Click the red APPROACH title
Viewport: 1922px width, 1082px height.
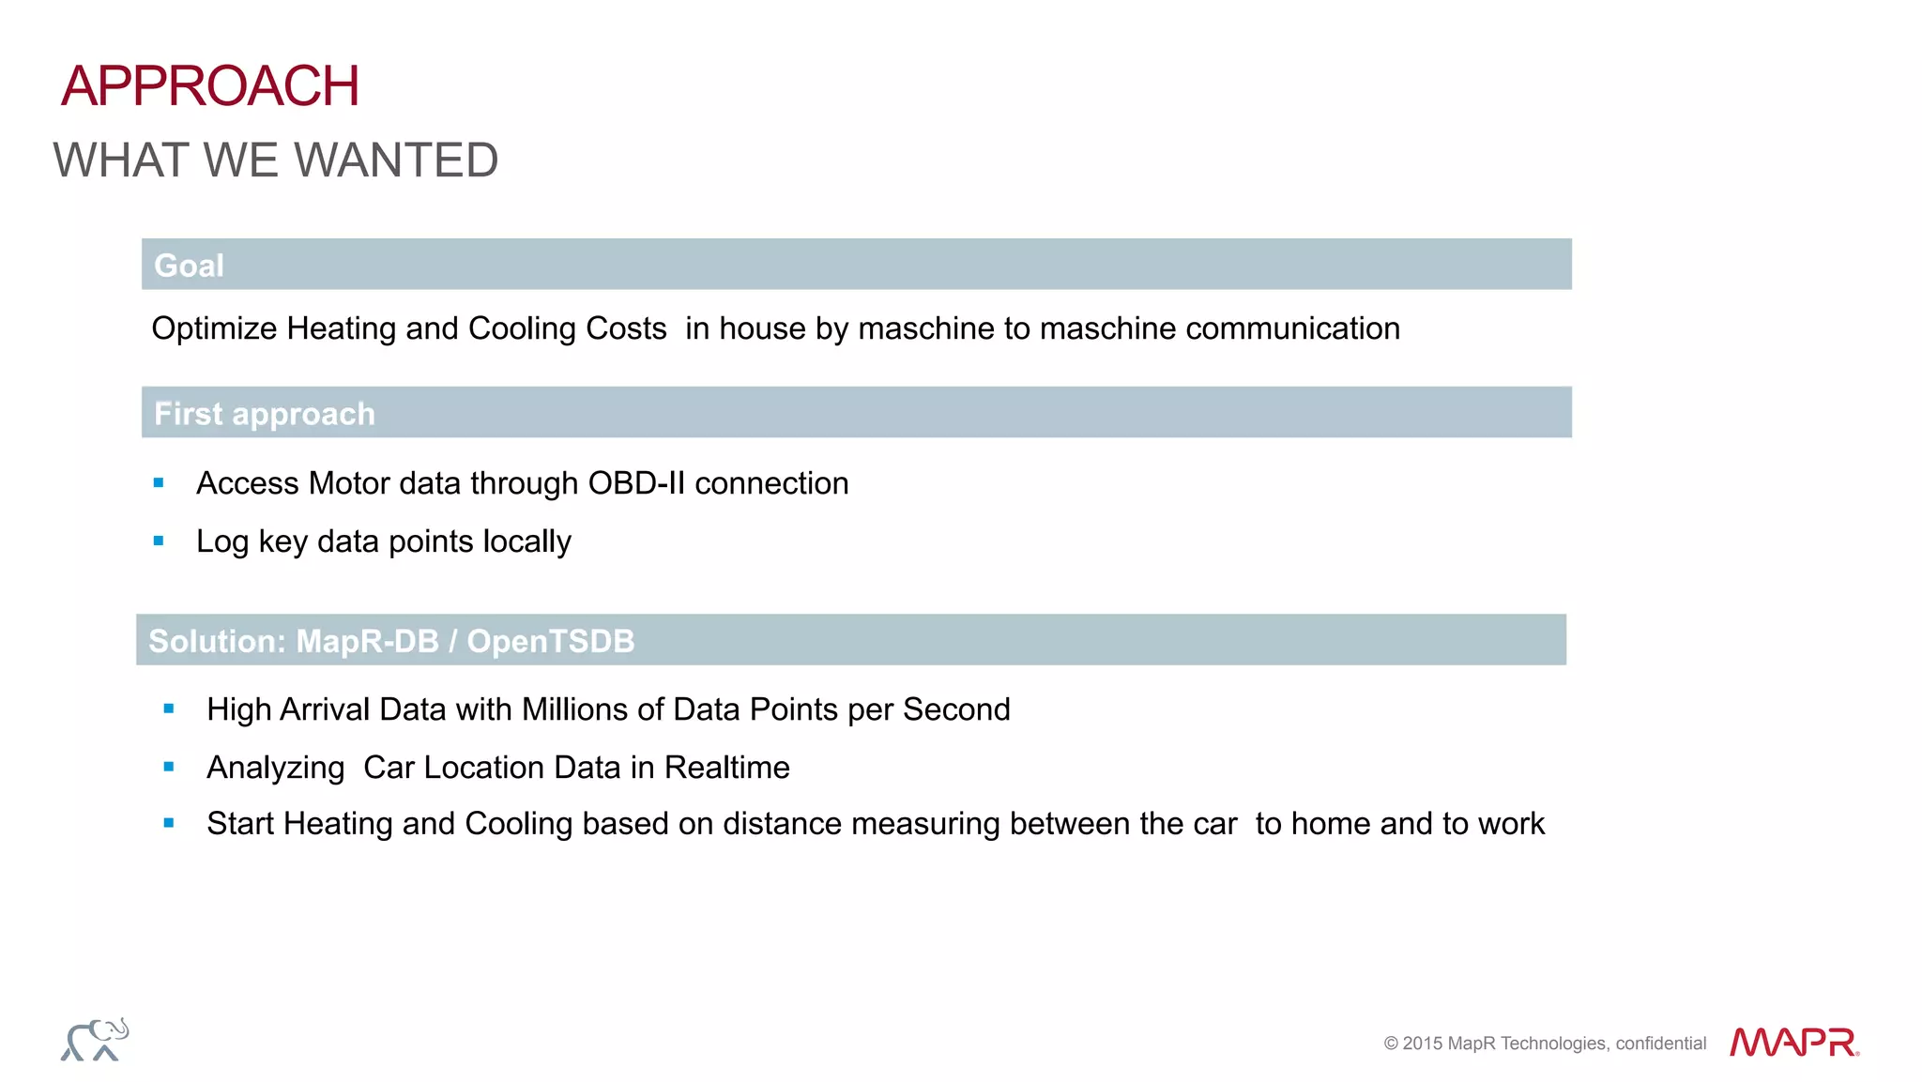210,86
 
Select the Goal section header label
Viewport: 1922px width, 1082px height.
189,266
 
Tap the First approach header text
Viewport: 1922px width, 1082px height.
264,414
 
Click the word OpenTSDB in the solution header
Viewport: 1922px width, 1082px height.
550,641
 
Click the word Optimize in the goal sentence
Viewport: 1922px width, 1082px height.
214,328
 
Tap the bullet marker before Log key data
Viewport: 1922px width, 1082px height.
159,541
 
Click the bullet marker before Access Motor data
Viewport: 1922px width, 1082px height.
159,483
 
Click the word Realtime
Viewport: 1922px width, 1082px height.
726,768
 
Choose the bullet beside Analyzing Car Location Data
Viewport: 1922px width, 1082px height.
169,768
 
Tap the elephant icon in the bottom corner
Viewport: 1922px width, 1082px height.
95,1040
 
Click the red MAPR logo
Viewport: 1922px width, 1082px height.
1794,1042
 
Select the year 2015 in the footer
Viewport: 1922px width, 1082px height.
1423,1044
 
